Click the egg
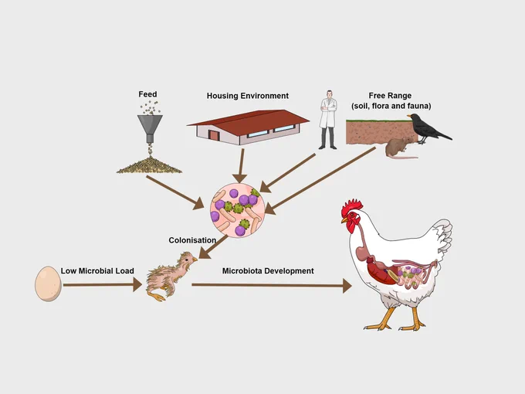(x=48, y=284)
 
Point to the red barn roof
(x=249, y=121)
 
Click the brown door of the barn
(x=213, y=135)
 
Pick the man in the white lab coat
(x=328, y=120)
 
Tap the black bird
(x=428, y=128)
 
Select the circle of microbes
(x=238, y=210)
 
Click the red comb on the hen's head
(x=351, y=207)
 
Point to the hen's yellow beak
(x=344, y=220)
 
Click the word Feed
(x=147, y=94)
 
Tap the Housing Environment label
(x=247, y=96)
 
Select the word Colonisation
(x=192, y=240)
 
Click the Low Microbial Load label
(x=97, y=270)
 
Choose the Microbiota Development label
(x=268, y=270)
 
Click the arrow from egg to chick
(x=103, y=285)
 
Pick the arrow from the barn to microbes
(x=241, y=166)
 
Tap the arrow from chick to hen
(x=272, y=285)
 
